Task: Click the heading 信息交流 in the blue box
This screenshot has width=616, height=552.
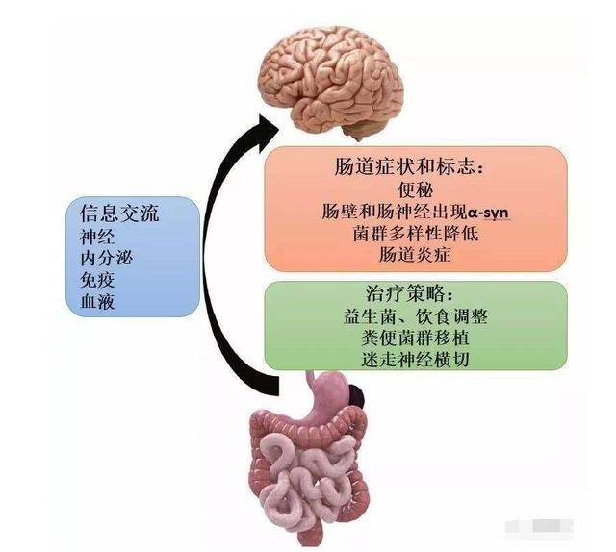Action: pos(119,213)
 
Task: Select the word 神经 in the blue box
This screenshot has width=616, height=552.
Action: pos(97,237)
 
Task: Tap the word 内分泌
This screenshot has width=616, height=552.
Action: pos(107,258)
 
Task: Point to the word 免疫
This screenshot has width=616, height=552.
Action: pos(97,280)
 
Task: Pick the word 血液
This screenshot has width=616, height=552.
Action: pos(97,301)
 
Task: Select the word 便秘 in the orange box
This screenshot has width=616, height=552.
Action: pos(416,189)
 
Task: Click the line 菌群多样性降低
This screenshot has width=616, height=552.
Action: pos(416,234)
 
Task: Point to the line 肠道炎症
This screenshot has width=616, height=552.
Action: pos(415,255)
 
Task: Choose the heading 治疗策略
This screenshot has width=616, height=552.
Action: pos(407,293)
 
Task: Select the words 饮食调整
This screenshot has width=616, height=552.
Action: pos(451,316)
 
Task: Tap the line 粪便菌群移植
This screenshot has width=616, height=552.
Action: pos(415,338)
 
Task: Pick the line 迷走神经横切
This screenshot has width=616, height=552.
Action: pos(415,360)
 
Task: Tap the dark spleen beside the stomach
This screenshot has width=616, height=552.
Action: pos(357,395)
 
